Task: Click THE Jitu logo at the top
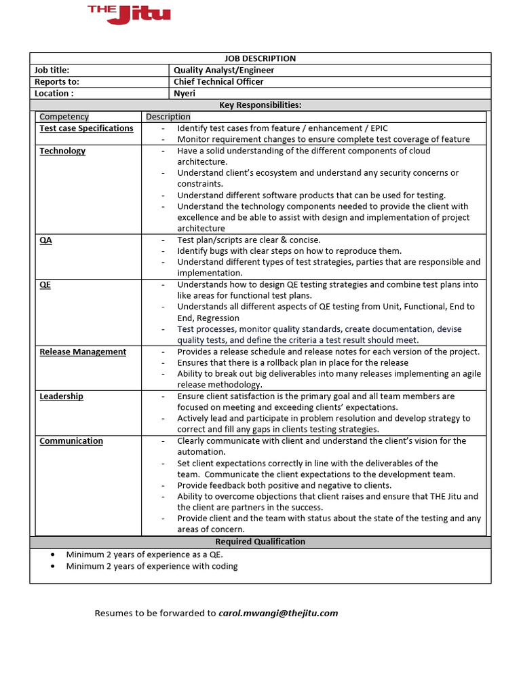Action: [x=129, y=14]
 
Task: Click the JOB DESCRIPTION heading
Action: [x=260, y=59]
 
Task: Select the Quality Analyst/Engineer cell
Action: [x=224, y=70]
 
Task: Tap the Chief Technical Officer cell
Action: [x=218, y=81]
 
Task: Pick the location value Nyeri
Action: [x=185, y=93]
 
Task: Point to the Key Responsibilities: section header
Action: [x=260, y=105]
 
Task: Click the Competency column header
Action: [x=64, y=117]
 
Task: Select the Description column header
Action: [x=168, y=117]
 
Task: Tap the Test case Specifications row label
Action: [x=86, y=128]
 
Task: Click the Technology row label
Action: [x=62, y=151]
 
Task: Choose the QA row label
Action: [x=45, y=240]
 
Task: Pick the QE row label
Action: [x=45, y=285]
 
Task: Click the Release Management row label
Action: [x=83, y=352]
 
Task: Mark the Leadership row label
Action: [x=61, y=396]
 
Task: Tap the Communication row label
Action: [x=71, y=441]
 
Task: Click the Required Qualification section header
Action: [x=260, y=542]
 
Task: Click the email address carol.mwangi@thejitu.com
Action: [x=278, y=613]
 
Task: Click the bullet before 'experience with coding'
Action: [x=53, y=566]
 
